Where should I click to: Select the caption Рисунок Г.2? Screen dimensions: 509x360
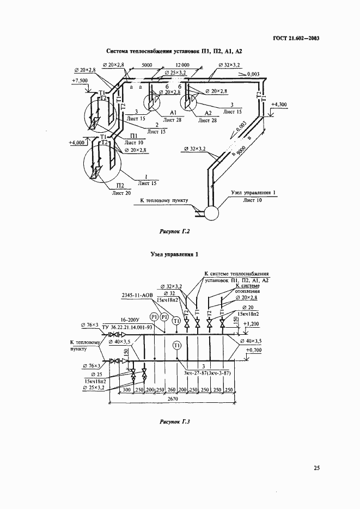pyautogui.click(x=174, y=231)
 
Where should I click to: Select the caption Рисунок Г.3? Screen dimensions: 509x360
pyautogui.click(x=174, y=421)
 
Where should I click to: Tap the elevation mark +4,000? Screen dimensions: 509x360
pyautogui.click(x=77, y=143)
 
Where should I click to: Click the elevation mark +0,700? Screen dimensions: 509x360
pyautogui.click(x=255, y=351)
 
